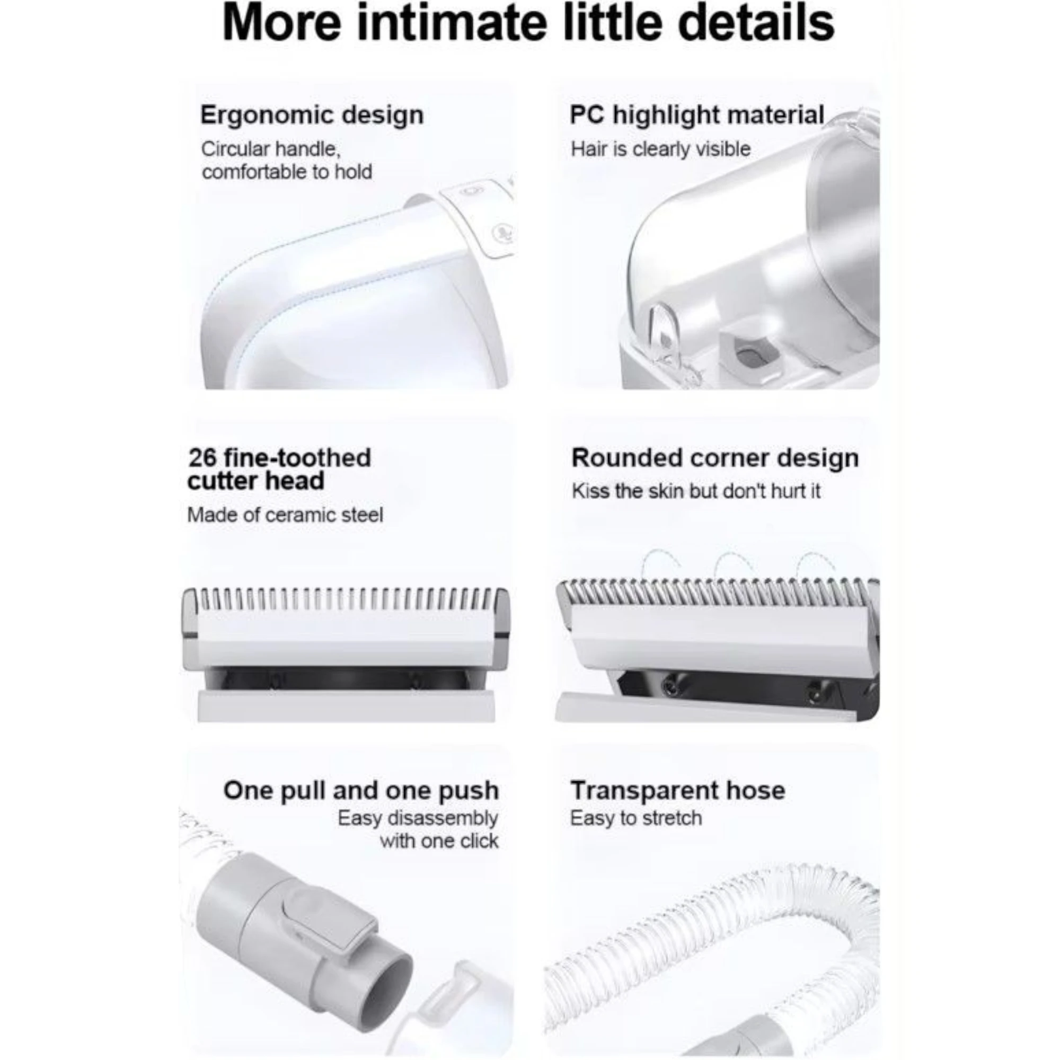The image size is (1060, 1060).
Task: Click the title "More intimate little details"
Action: point(528,22)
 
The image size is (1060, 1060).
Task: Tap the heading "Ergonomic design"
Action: point(312,116)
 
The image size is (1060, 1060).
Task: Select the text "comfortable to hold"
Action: point(287,172)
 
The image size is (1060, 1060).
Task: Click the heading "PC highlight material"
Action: point(697,115)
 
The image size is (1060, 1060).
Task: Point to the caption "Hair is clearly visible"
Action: point(660,149)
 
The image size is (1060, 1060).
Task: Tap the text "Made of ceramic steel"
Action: point(285,515)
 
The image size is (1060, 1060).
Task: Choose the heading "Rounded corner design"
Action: point(715,458)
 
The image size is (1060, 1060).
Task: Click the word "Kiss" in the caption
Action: point(590,491)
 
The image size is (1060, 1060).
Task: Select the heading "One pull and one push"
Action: point(361,791)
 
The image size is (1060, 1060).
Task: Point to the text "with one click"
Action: point(439,841)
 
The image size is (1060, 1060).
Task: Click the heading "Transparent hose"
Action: point(678,791)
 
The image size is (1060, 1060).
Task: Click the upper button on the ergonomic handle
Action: point(470,192)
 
